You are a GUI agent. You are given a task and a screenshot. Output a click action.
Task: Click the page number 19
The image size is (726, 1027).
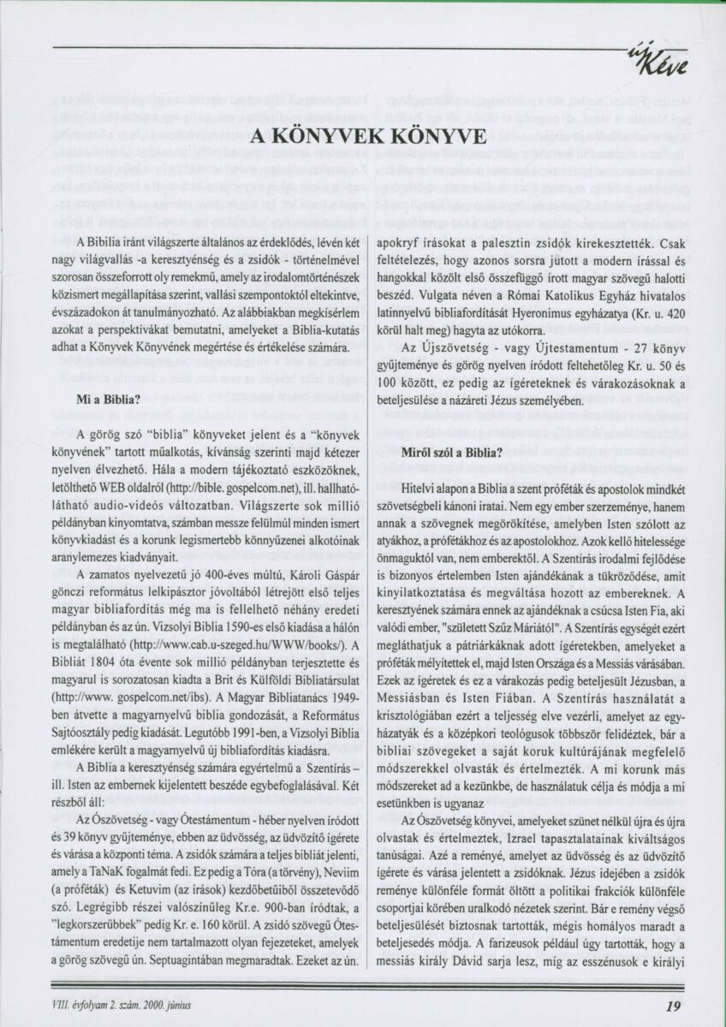[x=672, y=1006]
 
